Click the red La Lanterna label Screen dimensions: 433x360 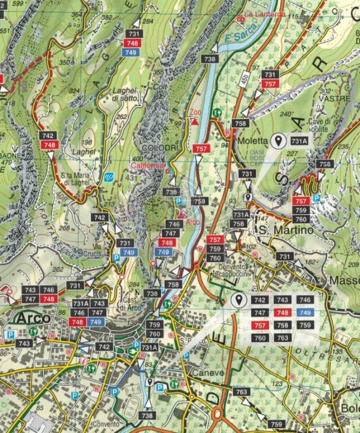point(265,14)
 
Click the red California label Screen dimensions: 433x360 point(147,166)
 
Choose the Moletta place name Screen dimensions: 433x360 point(252,140)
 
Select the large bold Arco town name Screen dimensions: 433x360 point(33,318)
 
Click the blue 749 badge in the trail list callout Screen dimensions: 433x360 point(306,312)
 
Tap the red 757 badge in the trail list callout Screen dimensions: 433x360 point(260,325)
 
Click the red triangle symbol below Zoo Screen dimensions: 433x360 point(196,122)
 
